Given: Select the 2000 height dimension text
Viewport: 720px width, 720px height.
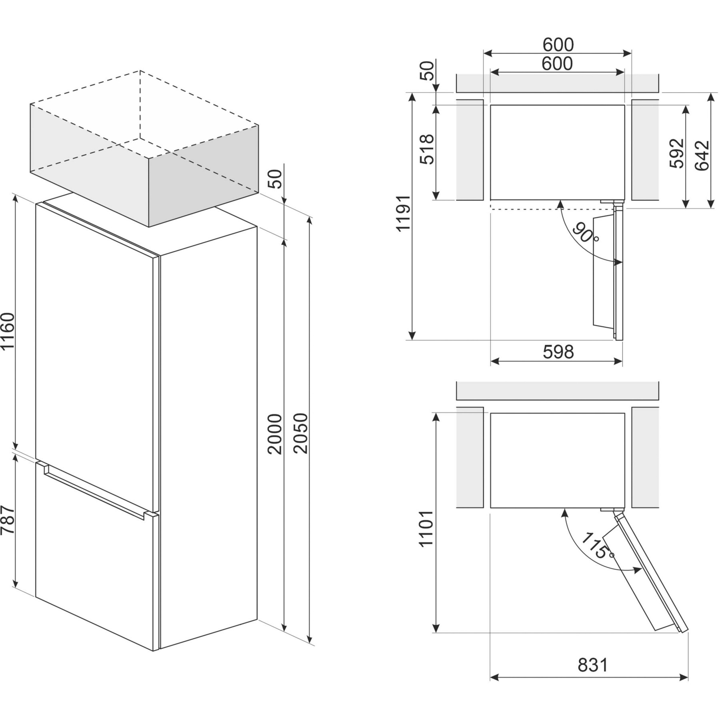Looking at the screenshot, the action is [x=275, y=434].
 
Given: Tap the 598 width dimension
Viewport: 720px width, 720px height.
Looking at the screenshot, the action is [x=558, y=352].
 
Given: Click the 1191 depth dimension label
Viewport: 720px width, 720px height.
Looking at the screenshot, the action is [x=403, y=213].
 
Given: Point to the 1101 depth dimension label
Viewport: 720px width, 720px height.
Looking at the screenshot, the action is [x=426, y=528].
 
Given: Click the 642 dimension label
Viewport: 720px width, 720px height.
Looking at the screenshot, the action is [x=702, y=156].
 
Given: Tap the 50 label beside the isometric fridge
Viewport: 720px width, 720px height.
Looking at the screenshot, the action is [x=275, y=179].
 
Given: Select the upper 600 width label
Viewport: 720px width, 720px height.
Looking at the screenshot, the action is [x=558, y=45].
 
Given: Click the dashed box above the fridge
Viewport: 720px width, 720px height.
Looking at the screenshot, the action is [x=144, y=148].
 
